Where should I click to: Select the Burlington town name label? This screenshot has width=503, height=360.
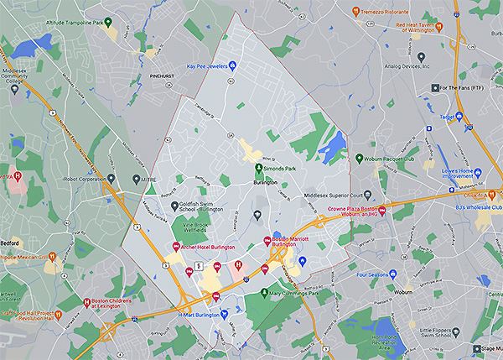(x=267, y=181)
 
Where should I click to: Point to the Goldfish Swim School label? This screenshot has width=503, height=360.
(x=201, y=207)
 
